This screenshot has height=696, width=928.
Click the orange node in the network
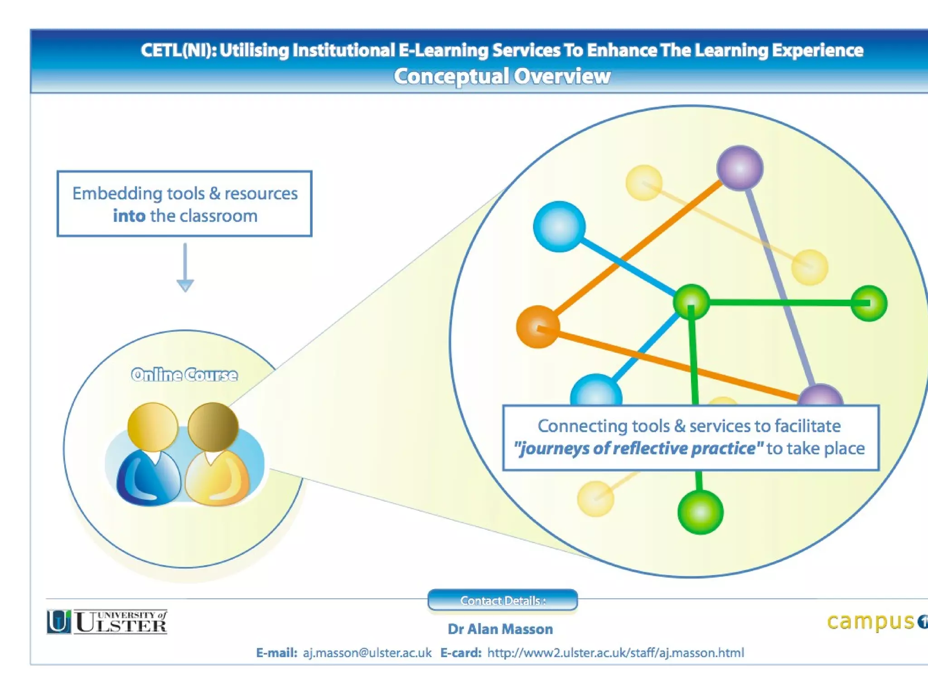coord(538,327)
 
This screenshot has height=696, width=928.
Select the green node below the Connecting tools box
coord(700,512)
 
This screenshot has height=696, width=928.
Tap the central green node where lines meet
coord(691,302)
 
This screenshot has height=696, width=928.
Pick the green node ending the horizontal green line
coord(869,303)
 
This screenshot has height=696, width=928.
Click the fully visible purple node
coord(739,168)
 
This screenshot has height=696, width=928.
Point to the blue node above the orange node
coord(559,227)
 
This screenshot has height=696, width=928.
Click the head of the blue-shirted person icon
coord(153,427)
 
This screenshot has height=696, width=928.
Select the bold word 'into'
coord(129,216)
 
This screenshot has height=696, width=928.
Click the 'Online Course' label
coord(184,375)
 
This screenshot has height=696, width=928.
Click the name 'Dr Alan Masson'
coord(500,629)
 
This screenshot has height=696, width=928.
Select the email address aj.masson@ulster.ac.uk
coord(367,653)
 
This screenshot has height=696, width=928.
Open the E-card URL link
coord(615,653)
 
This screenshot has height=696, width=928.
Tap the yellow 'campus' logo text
coord(870,622)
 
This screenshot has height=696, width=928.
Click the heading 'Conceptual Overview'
coord(502,76)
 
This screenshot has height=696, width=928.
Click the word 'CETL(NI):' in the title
coord(178,50)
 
